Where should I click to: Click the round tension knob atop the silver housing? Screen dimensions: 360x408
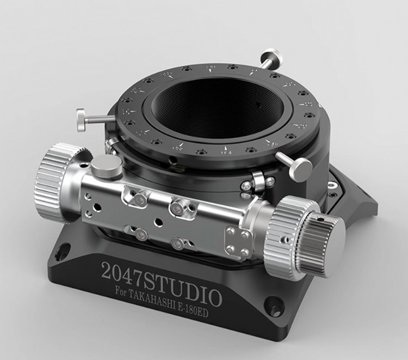click(102, 164)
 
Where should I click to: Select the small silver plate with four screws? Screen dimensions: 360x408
click(238, 242)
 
